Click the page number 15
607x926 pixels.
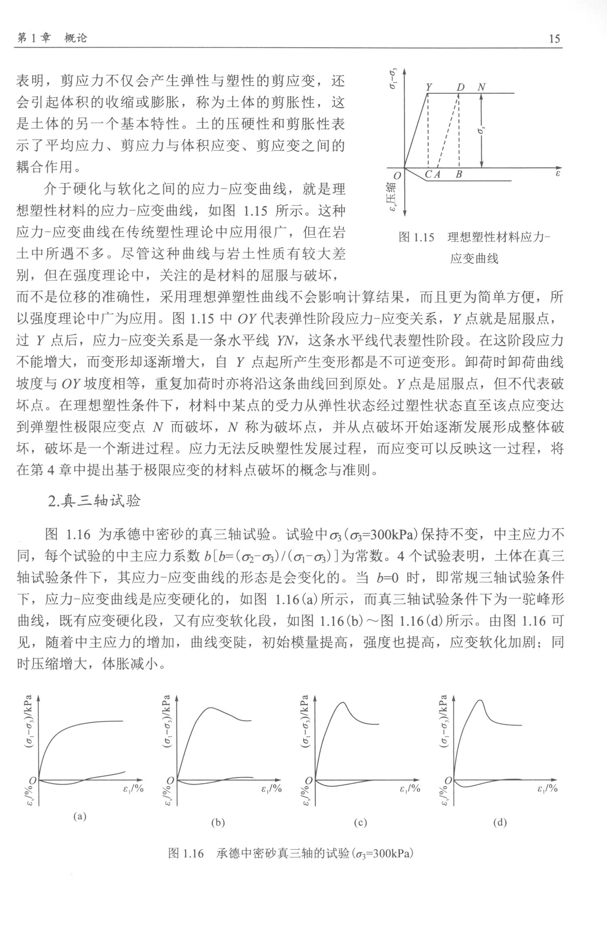554,39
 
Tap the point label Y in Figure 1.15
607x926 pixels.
429,87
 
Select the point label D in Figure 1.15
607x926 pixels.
461,87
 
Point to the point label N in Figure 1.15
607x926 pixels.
481,87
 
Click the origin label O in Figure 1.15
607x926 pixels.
397,176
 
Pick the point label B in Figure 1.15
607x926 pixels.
458,175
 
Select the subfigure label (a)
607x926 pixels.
79,816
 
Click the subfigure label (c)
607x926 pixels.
360,822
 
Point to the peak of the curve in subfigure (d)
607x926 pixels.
481,700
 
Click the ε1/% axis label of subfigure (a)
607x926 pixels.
133,788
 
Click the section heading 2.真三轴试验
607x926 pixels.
94,501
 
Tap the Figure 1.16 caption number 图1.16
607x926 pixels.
185,854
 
